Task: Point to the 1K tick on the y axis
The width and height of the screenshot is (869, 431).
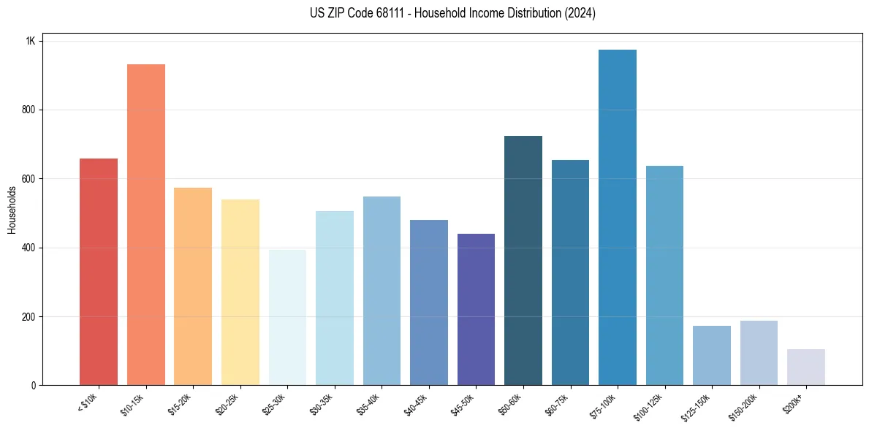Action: [x=30, y=41]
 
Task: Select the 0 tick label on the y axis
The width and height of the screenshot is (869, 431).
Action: [x=33, y=386]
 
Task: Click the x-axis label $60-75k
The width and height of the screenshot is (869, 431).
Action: [x=557, y=404]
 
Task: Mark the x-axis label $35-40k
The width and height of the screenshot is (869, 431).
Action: [x=368, y=404]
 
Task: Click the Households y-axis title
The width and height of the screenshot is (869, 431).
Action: [x=12, y=210]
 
